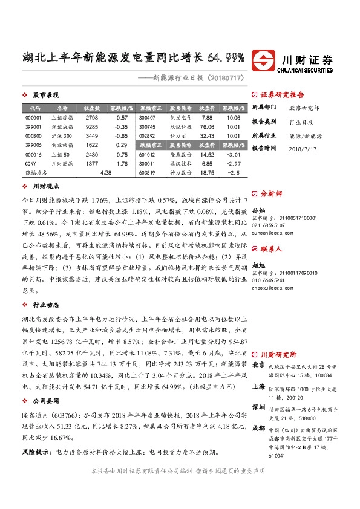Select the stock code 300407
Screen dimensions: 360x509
tap(147, 117)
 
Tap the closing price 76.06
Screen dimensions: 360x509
tap(207, 127)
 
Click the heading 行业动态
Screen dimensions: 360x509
tap(46, 305)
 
